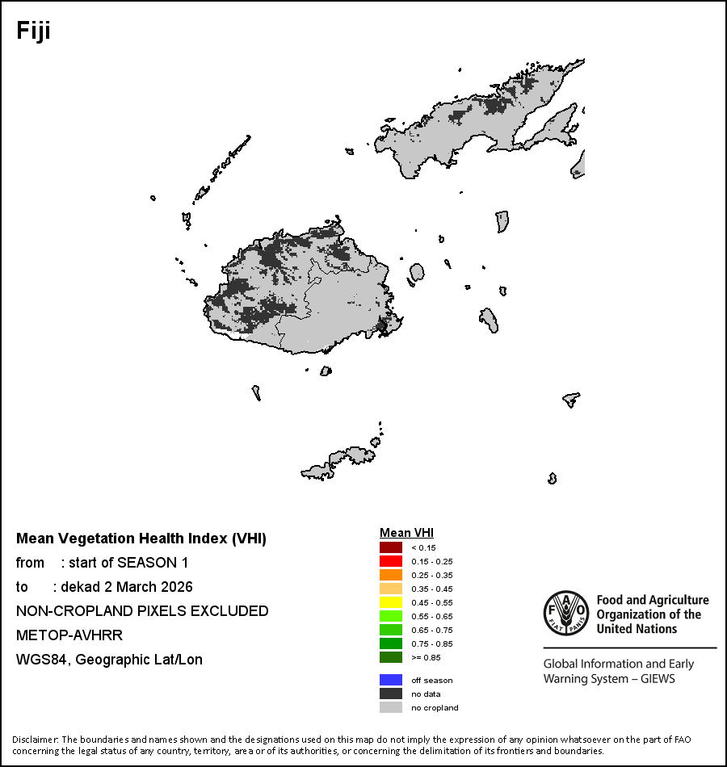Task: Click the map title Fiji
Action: pos(34,31)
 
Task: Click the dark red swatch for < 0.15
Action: pos(390,547)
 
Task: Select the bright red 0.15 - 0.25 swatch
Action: pos(390,561)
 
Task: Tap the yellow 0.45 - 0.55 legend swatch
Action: pos(390,602)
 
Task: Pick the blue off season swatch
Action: pos(390,680)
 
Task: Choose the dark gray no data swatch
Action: pos(390,694)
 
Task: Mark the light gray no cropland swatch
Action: pos(390,707)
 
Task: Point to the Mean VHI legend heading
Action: pos(406,533)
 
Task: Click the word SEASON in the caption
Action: pos(145,562)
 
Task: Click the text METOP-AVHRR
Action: pos(69,635)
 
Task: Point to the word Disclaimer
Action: pos(34,740)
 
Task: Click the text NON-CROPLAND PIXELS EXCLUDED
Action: pos(142,610)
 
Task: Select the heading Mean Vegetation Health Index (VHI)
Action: pos(141,539)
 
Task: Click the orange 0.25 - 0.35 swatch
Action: pos(390,575)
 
